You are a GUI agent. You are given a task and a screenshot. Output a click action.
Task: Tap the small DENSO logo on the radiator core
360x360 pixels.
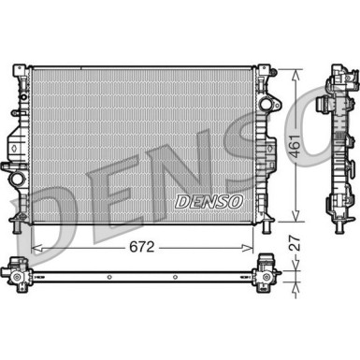coord(209,202)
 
